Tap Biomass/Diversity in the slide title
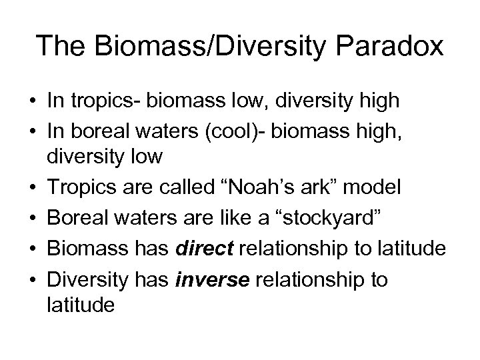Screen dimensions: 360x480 tap(197, 47)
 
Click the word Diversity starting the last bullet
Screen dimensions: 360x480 tap(86, 279)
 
